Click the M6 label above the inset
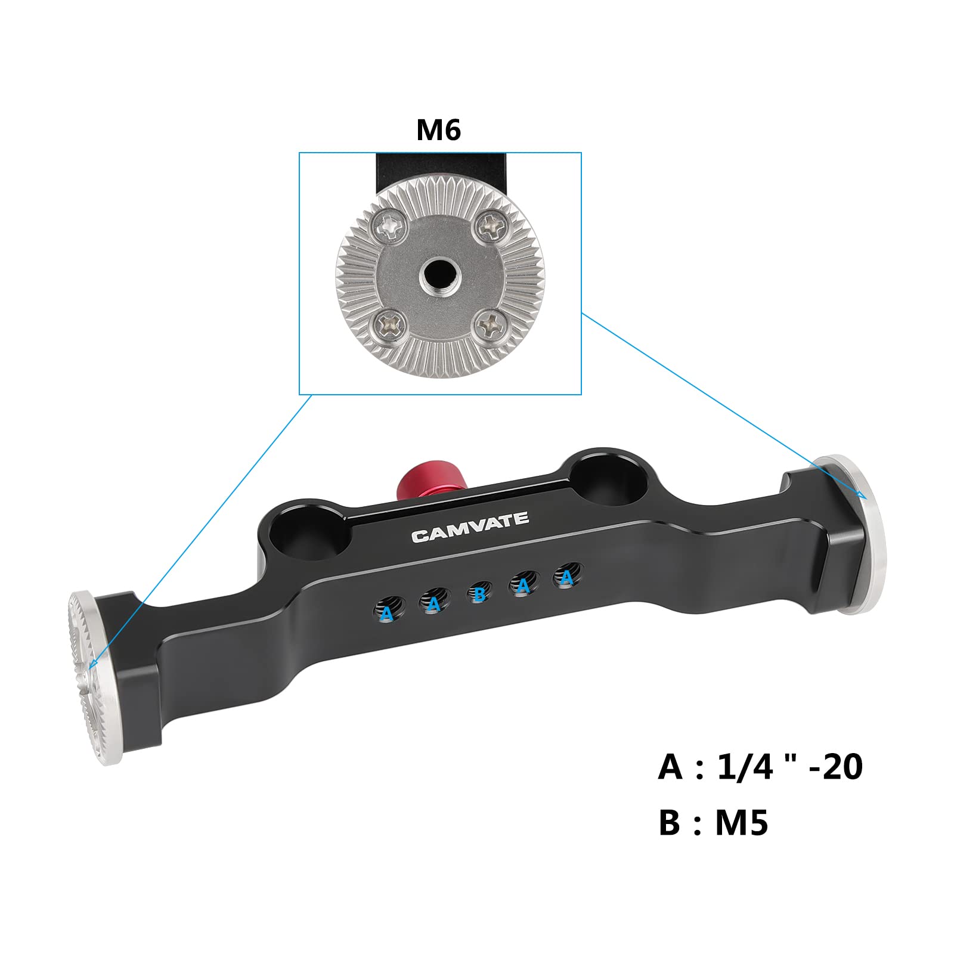[x=438, y=129]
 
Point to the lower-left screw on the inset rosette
[x=389, y=326]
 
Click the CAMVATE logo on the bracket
[x=470, y=527]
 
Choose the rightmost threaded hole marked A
[x=566, y=577]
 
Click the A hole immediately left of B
[x=433, y=603]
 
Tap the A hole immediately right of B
[x=524, y=586]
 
